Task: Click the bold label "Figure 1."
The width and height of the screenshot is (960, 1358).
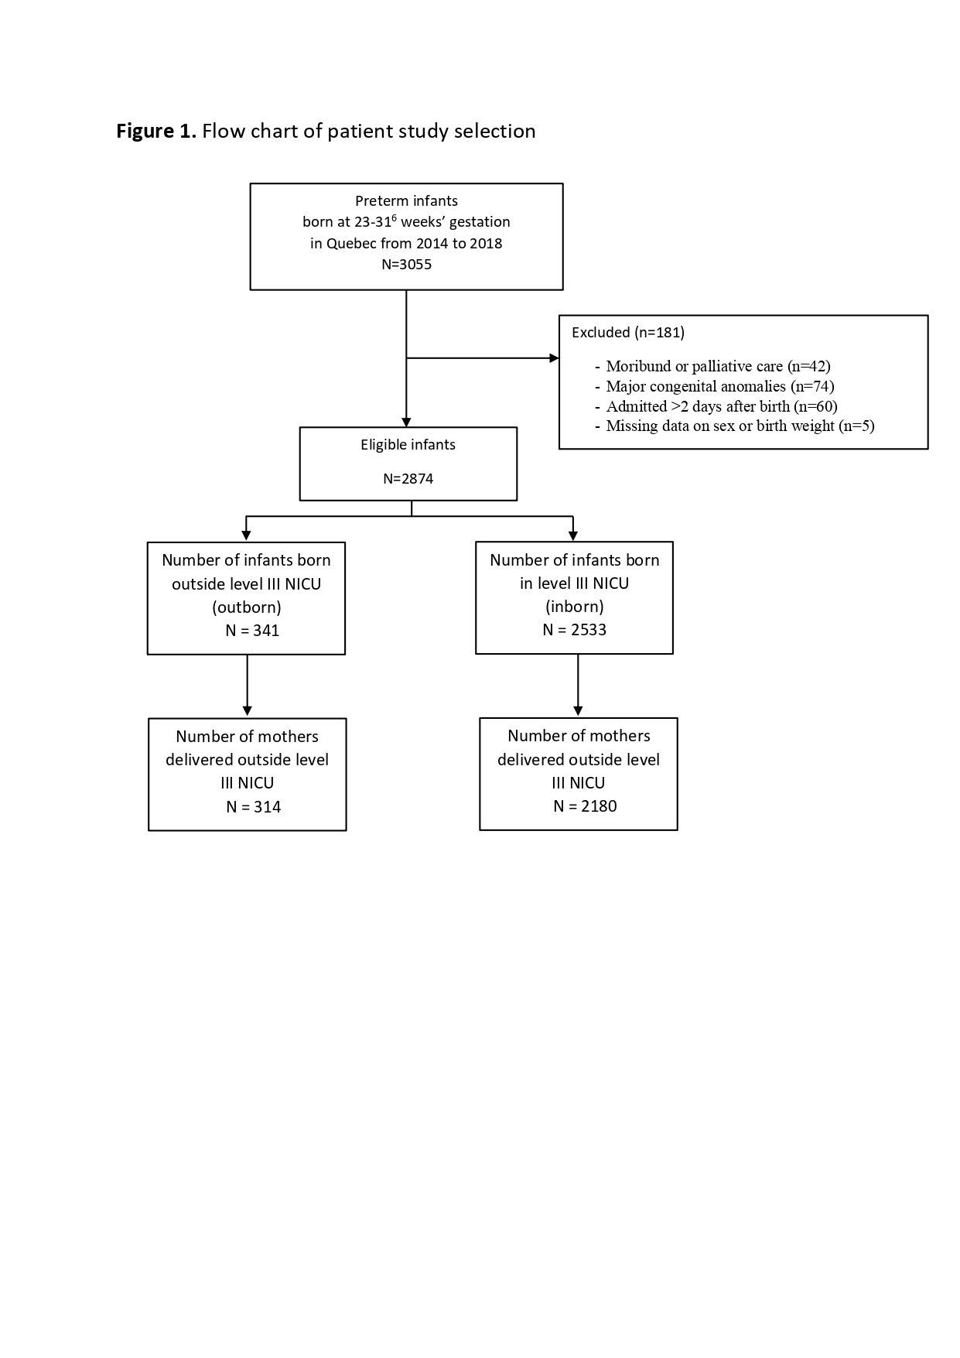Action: click(x=156, y=131)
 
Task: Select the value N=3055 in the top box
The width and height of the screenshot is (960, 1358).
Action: click(x=407, y=265)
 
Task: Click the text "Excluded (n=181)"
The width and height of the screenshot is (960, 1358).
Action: click(x=628, y=333)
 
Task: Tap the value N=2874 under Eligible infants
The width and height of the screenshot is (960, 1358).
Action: click(x=408, y=479)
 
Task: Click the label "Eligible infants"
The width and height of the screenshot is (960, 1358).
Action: click(x=408, y=445)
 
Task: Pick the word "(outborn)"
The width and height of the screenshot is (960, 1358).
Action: click(x=247, y=607)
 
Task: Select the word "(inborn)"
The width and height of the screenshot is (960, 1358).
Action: click(x=575, y=607)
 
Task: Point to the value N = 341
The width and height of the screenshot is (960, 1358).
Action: click(x=252, y=631)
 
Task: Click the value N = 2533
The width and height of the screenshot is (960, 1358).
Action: click(x=575, y=630)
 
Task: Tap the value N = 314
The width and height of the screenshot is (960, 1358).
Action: click(x=254, y=807)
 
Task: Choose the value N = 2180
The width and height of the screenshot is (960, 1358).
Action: click(x=585, y=806)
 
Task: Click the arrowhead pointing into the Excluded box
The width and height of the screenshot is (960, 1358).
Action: click(x=554, y=358)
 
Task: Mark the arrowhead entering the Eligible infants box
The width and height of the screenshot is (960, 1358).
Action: click(x=406, y=422)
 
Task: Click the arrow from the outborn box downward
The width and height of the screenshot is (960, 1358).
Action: click(x=248, y=686)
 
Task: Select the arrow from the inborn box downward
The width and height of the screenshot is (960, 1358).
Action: click(x=578, y=686)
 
